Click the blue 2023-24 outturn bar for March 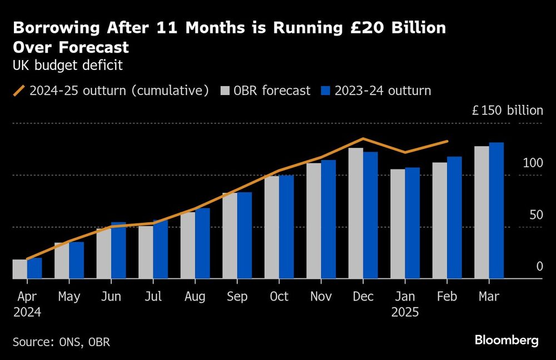(496, 211)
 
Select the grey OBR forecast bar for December (356, 213)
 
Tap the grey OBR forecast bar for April (19, 269)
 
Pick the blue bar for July (160, 249)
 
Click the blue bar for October (286, 227)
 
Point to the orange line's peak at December (363, 139)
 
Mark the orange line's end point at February (448, 141)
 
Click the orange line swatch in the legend (18, 91)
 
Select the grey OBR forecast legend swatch (226, 91)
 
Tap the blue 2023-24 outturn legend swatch (325, 91)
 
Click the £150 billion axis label (507, 111)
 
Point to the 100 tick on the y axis (532, 163)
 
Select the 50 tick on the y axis (535, 215)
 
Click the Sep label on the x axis (237, 297)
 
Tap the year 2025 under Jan (405, 312)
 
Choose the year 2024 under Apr (27, 312)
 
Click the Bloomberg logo (507, 341)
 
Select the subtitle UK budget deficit (67, 65)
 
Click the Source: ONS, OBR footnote (61, 342)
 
